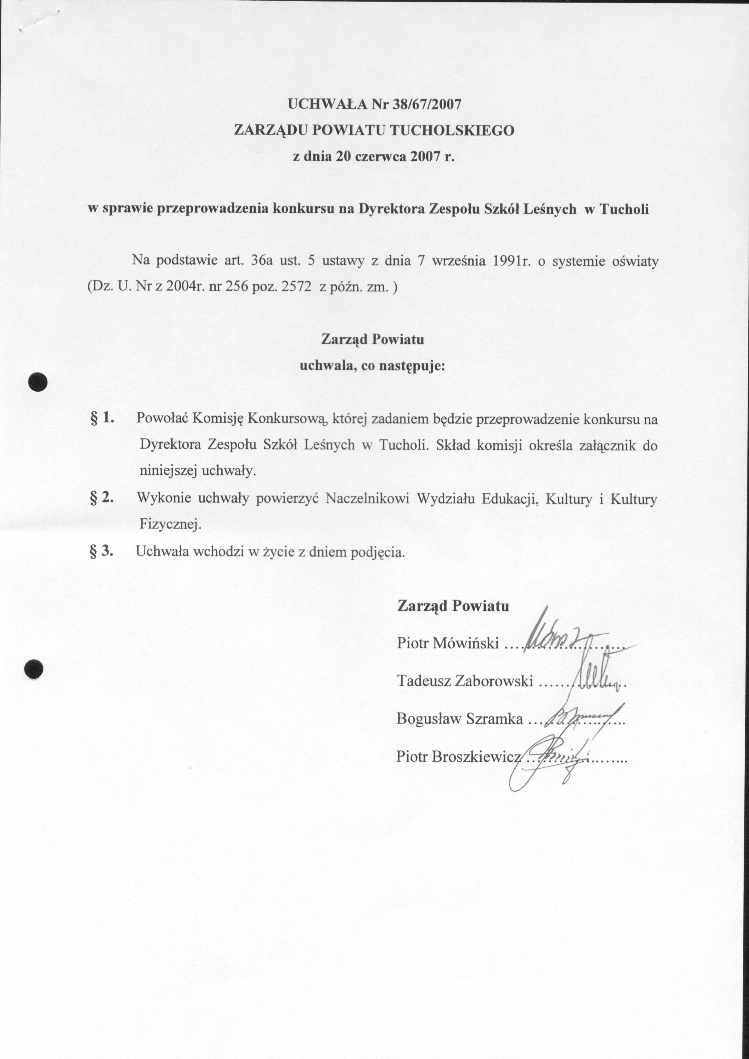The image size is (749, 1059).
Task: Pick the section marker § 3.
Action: [x=102, y=551]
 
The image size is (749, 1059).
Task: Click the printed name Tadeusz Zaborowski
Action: [x=465, y=681]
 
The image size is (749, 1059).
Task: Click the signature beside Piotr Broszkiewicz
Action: [x=553, y=761]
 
